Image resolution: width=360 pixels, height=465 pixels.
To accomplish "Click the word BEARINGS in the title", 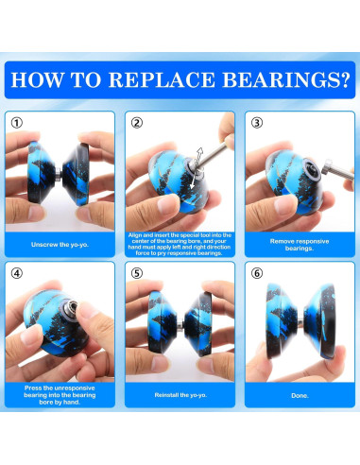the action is (x=281, y=80).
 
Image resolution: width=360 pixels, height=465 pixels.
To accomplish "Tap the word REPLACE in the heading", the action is (x=162, y=80).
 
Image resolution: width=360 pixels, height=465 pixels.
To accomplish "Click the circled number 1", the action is (x=17, y=123).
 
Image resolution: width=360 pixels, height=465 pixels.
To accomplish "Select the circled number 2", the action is (x=137, y=123).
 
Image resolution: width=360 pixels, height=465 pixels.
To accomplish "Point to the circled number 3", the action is (x=257, y=123).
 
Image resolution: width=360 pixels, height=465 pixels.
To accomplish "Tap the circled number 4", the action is (x=17, y=273).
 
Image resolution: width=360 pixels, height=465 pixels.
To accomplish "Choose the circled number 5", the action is (x=137, y=273).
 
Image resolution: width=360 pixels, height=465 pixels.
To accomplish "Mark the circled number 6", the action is (x=257, y=273).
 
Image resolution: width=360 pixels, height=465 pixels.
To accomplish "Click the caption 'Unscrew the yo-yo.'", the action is (x=60, y=245).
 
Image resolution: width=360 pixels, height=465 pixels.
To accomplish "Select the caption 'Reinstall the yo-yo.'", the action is (x=180, y=395).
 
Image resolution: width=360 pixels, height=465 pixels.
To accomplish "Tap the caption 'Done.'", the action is (x=300, y=395).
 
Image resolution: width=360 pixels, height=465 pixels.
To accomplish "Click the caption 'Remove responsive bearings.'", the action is (x=300, y=245).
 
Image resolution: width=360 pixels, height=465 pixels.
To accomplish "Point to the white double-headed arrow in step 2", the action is (x=196, y=168).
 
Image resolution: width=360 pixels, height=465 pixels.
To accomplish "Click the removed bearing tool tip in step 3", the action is (x=327, y=166).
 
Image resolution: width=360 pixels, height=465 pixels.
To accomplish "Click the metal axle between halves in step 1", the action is (x=59, y=173).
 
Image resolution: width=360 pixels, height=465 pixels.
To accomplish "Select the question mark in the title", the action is (x=345, y=80).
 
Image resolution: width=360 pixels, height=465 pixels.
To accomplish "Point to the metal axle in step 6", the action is (x=300, y=322).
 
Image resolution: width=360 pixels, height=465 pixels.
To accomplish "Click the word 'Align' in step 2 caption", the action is (x=134, y=235).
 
